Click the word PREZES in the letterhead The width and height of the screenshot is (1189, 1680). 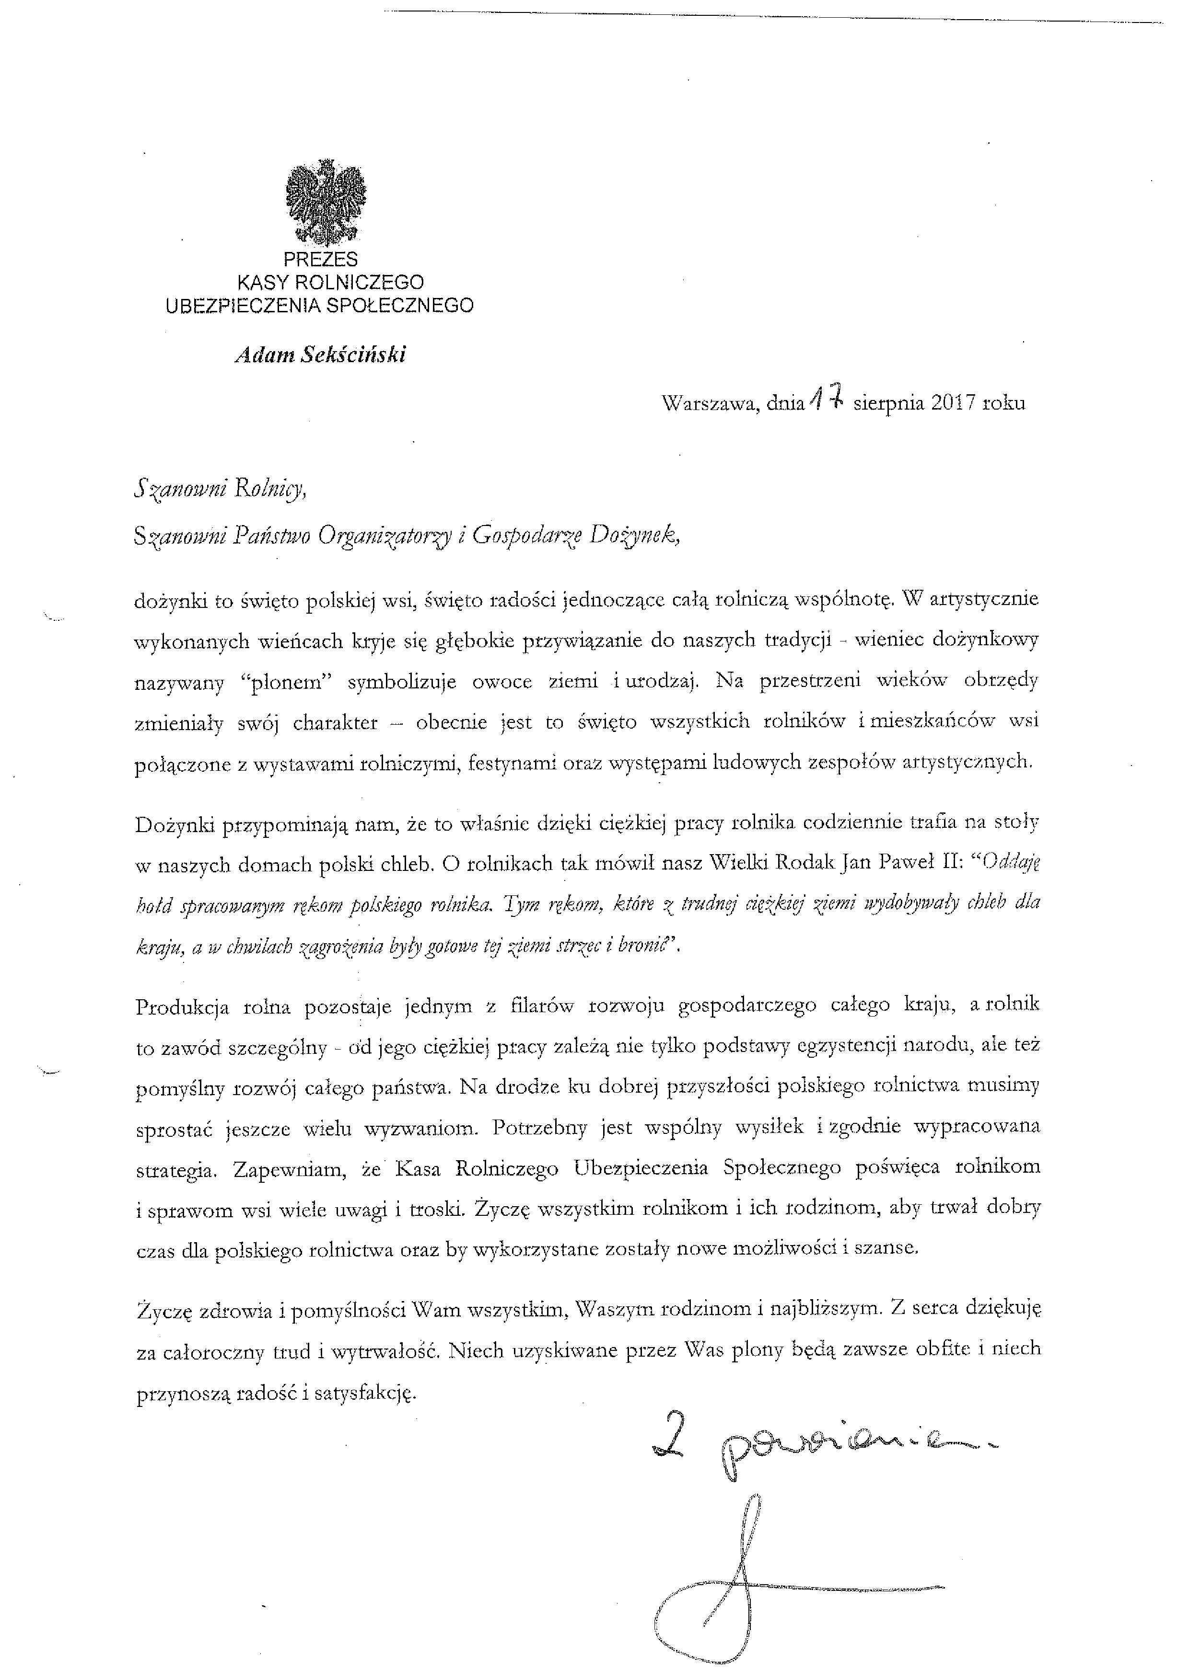[x=321, y=259]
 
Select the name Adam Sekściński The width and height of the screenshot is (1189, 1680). [x=320, y=355]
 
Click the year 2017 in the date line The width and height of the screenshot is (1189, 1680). [x=953, y=403]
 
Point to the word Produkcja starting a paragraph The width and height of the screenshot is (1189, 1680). [x=182, y=1007]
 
